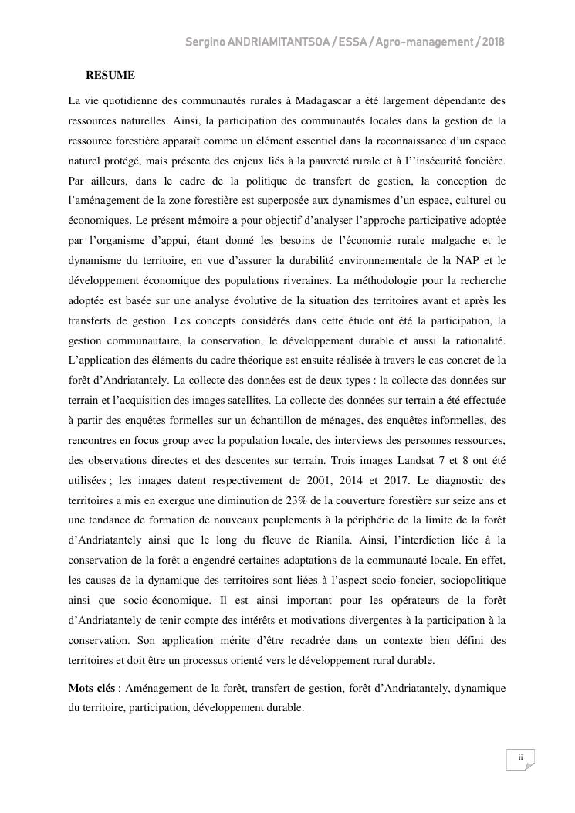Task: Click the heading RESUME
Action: [x=110, y=75]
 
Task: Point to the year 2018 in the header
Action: [x=491, y=42]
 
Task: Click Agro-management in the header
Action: [x=418, y=42]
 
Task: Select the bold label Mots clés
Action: [x=92, y=687]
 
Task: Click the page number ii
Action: [x=520, y=757]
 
